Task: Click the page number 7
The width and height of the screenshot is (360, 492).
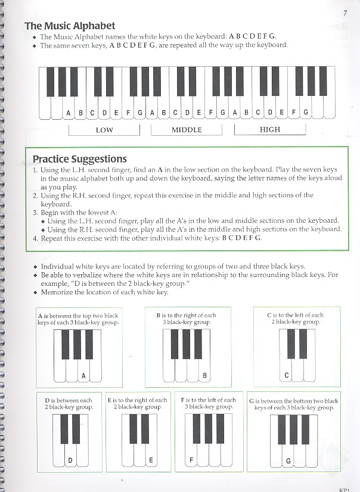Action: pyautogui.click(x=345, y=13)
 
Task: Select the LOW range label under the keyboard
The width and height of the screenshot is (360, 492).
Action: pyautogui.click(x=104, y=129)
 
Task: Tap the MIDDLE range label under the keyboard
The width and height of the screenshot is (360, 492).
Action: pyautogui.click(x=187, y=129)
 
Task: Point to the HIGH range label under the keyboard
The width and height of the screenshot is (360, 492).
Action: pyautogui.click(x=270, y=129)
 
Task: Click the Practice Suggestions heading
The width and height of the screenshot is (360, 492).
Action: pyautogui.click(x=79, y=159)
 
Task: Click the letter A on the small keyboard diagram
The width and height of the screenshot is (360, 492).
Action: pyautogui.click(x=83, y=375)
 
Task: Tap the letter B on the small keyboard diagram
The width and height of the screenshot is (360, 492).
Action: pyautogui.click(x=204, y=375)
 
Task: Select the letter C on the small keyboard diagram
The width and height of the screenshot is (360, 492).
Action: pyautogui.click(x=287, y=375)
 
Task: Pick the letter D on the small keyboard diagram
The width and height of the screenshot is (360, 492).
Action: pyautogui.click(x=70, y=460)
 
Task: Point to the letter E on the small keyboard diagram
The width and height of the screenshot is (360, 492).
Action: pyautogui.click(x=151, y=460)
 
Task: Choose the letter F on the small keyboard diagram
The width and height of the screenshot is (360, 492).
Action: pyautogui.click(x=192, y=460)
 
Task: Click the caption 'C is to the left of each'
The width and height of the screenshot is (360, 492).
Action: pyautogui.click(x=295, y=315)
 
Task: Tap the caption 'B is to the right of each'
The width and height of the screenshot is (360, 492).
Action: pyautogui.click(x=186, y=315)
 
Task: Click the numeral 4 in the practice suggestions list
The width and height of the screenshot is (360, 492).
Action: pyautogui.click(x=35, y=238)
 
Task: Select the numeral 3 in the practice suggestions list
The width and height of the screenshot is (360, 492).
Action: pyautogui.click(x=35, y=212)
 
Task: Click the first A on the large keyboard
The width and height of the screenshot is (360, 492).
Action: pyautogui.click(x=68, y=112)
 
